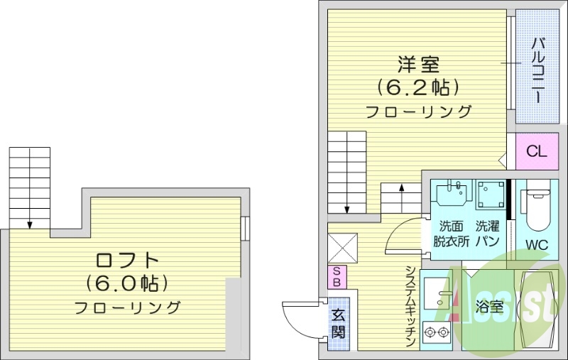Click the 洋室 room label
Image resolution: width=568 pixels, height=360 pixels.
(418, 65)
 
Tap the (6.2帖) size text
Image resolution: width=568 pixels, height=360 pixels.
(418, 87)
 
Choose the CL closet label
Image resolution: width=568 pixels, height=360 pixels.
(536, 151)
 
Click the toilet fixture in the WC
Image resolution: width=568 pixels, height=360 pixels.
(537, 206)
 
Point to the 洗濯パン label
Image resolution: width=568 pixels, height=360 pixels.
(487, 234)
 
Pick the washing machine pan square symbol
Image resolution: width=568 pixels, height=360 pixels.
(491, 194)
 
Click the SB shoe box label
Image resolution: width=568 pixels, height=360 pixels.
(337, 276)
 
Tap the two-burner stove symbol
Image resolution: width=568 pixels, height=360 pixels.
(435, 331)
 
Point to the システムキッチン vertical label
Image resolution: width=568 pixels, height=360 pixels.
(410, 305)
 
